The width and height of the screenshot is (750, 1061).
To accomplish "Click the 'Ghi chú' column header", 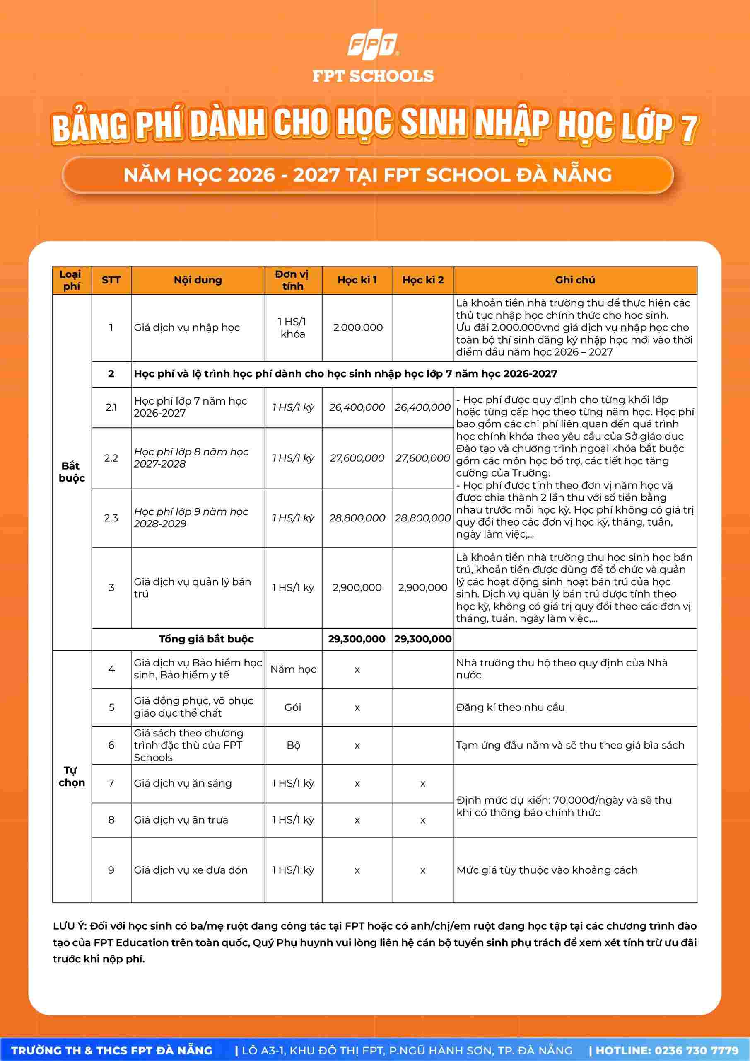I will (x=575, y=280).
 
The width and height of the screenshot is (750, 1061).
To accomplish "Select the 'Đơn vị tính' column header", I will (x=293, y=280).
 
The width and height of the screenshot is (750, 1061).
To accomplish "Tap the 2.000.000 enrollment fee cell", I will (x=357, y=328).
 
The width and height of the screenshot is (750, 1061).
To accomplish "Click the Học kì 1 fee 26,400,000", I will (x=357, y=407).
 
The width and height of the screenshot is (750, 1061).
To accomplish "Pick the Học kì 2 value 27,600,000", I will (x=422, y=458).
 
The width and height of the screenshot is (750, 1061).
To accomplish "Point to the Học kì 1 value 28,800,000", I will (x=357, y=518).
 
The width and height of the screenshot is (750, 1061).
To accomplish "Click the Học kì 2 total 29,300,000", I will (x=422, y=639).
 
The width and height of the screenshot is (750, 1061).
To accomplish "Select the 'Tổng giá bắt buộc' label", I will (x=206, y=639).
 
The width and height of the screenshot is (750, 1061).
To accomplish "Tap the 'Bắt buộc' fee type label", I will (x=72, y=472).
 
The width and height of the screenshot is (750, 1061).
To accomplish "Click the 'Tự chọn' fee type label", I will (x=72, y=776).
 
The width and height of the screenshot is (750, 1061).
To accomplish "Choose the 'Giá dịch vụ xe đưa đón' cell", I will (x=191, y=870).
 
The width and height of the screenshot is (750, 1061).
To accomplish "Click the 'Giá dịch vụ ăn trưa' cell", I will (x=181, y=820).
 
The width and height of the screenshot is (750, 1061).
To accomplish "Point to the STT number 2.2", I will (x=111, y=458).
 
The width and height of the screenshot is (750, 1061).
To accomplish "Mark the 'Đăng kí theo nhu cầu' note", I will (x=510, y=707).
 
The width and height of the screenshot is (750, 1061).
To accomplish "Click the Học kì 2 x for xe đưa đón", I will (x=422, y=871).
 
